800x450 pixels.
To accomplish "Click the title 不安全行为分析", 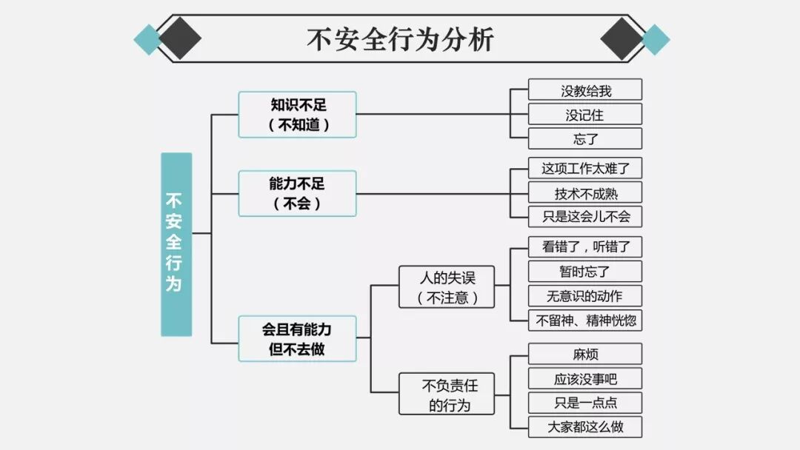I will tap(400, 38).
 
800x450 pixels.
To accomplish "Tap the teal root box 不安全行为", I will tap(176, 244).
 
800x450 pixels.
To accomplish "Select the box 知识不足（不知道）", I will tap(297, 115).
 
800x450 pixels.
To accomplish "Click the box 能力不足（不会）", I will tap(297, 193).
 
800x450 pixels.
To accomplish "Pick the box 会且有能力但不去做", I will tap(297, 339).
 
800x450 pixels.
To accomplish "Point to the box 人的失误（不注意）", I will tap(447, 287).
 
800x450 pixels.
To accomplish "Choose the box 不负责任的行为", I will tap(447, 394).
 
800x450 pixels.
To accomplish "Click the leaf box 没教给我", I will tap(585, 90).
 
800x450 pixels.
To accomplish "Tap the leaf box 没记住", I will tap(585, 115).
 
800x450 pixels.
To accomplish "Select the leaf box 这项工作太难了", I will tap(585, 168).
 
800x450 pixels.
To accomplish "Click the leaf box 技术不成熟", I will tap(585, 192).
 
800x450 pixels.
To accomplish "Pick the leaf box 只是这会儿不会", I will tap(585, 217).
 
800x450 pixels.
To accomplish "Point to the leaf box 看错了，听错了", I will tap(585, 247).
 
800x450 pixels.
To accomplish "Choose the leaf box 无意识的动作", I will tap(585, 296).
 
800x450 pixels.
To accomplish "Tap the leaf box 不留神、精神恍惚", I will tap(585, 320).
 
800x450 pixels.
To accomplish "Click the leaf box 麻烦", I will tap(585, 355).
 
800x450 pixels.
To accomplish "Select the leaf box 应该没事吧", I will tap(585, 379).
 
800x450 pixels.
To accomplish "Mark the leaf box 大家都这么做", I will tap(585, 427).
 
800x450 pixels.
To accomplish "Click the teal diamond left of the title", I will tap(148, 39).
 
